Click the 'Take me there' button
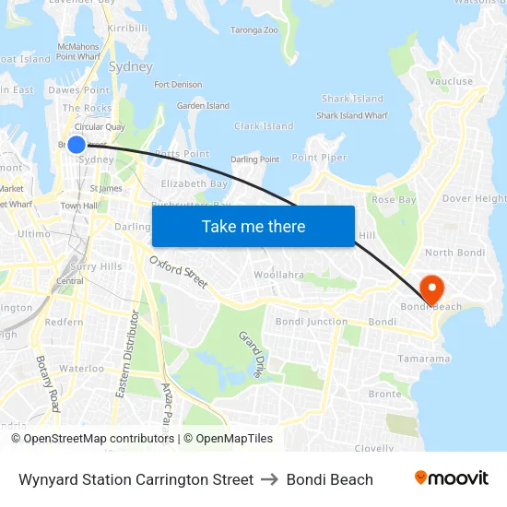coord(253,226)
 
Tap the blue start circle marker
coord(77,144)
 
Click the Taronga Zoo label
coord(253,30)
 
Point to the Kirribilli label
coord(127,29)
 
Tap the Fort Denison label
coord(178,85)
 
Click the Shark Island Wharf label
coord(352,116)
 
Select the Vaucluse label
coord(451,82)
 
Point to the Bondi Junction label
coord(312,322)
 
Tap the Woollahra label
coord(278,275)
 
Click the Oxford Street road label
coord(178,273)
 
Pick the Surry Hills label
coord(97,266)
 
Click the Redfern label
coord(64,323)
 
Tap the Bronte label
coord(384,394)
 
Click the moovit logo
coord(451,478)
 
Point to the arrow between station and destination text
coord(269,479)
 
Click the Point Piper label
coord(320,158)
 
